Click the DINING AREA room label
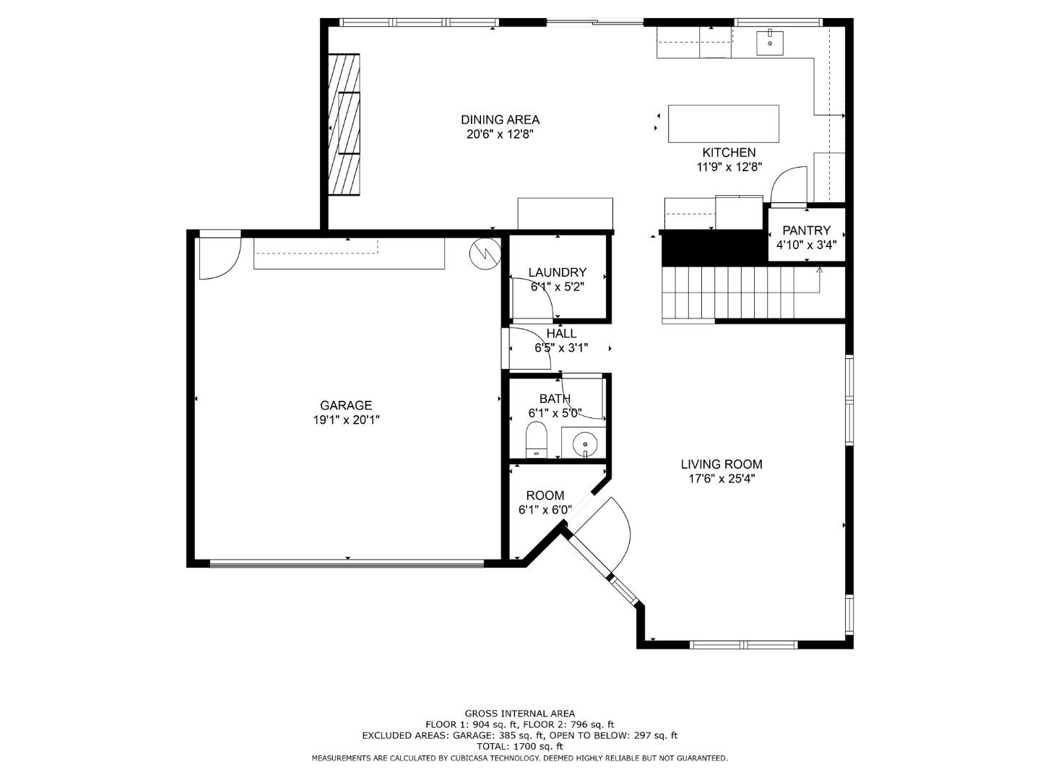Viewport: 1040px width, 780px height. [500, 120]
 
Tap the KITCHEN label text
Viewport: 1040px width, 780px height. [729, 152]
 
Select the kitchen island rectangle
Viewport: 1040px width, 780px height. [723, 123]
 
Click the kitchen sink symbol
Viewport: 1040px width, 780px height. [770, 43]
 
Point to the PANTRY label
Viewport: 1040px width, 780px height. [806, 230]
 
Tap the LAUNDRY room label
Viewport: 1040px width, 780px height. [557, 272]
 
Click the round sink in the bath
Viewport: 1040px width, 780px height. [584, 443]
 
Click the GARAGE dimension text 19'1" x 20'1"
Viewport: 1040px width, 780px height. [345, 420]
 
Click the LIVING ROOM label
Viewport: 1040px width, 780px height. [721, 464]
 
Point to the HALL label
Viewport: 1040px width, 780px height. [561, 334]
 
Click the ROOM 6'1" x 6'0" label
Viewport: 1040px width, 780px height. [545, 495]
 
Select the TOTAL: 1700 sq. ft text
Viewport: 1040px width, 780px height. [519, 746]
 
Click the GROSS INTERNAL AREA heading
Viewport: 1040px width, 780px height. [519, 714]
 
